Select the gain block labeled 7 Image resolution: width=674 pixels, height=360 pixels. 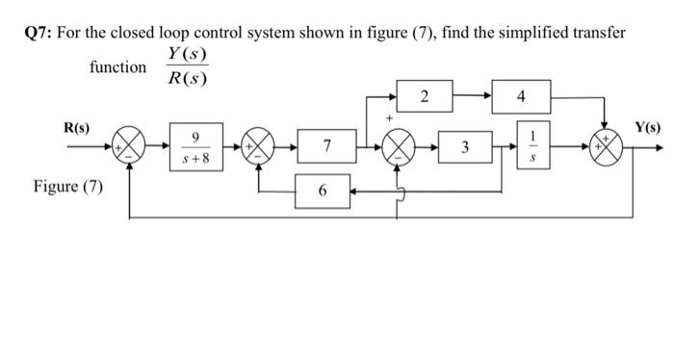click(327, 147)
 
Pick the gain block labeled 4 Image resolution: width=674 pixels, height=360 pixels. click(521, 96)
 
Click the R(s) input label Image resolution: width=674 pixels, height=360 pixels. click(77, 128)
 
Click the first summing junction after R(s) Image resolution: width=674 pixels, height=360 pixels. click(130, 148)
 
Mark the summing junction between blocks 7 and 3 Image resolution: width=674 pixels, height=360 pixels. click(398, 148)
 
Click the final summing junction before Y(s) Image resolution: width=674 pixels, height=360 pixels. click(607, 148)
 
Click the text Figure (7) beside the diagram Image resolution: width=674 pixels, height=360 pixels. click(67, 186)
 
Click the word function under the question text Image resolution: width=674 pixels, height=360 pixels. click(117, 67)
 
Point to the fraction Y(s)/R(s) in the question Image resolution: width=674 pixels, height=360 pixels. click(187, 66)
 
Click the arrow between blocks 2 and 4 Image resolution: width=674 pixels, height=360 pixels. click(473, 96)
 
